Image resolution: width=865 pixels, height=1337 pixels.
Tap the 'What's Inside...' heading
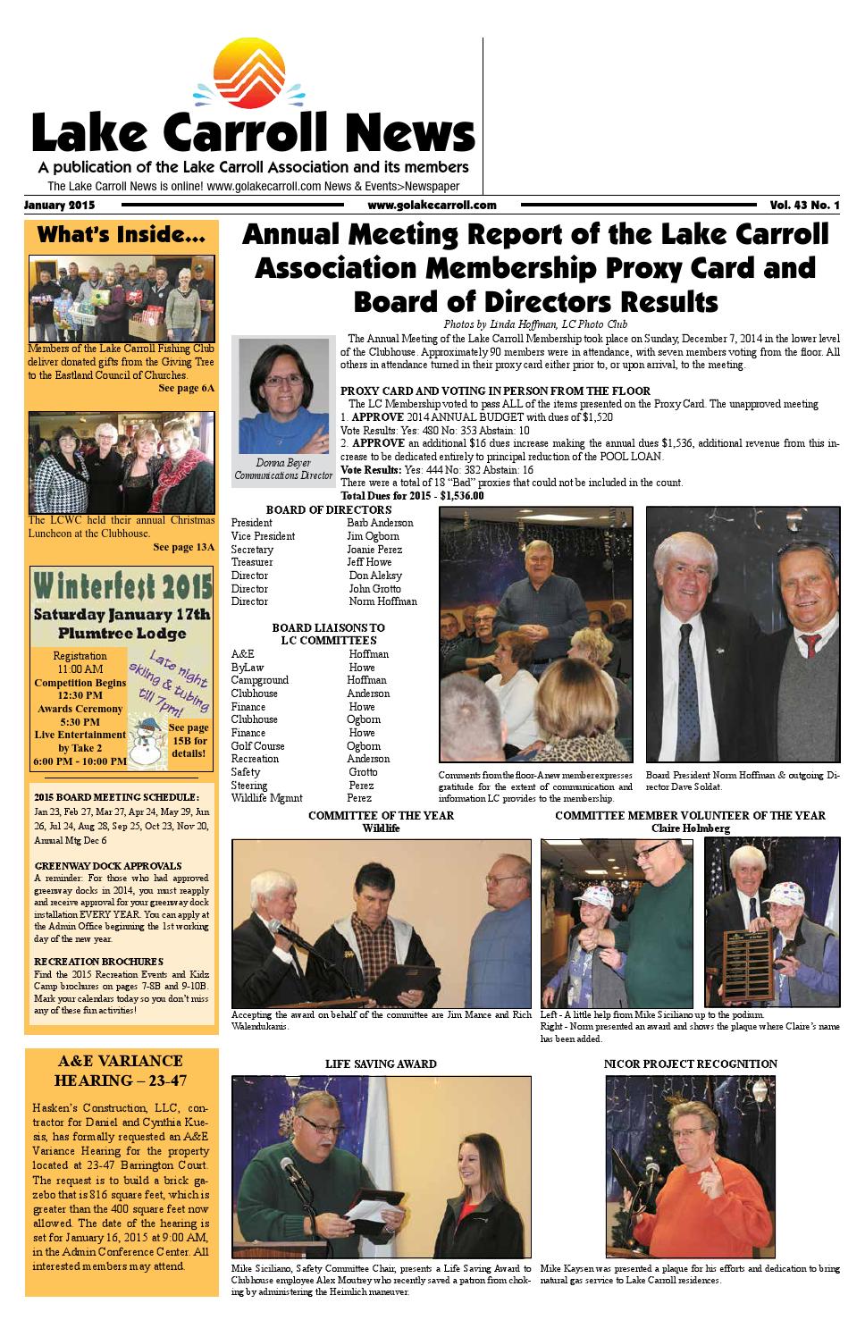122,236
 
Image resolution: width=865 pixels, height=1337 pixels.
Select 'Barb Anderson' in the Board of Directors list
380,523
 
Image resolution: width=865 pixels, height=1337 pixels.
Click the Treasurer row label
251,562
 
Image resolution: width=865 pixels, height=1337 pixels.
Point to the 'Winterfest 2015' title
122,585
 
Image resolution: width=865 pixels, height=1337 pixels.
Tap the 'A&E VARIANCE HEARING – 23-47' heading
121,1070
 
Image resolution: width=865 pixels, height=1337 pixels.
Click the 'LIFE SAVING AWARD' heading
381,1064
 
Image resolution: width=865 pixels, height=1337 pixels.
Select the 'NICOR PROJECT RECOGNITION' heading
690,1064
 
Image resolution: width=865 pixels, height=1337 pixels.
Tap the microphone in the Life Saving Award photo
290,1167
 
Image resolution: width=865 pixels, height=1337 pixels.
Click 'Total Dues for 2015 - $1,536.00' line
412,496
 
